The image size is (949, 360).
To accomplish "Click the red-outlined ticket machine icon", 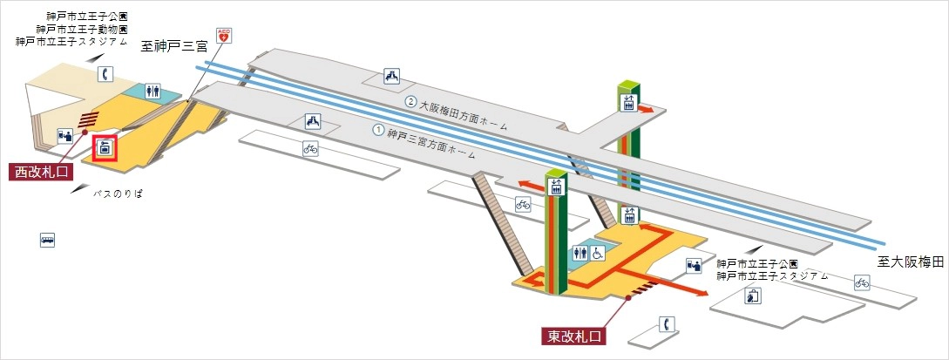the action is coord(105,148).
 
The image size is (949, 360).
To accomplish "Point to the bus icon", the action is coord(48,239).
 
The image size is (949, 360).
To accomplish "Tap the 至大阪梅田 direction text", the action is coord(911,262).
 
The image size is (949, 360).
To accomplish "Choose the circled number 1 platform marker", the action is coord(378,130).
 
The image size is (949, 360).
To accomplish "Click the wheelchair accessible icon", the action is coord(599,254).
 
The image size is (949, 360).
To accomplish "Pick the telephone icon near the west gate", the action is coord(106,74).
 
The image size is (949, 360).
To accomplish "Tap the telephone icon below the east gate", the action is coord(666,324).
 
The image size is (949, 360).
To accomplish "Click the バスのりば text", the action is coord(118,194).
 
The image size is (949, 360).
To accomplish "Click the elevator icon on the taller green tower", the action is coord(628,102).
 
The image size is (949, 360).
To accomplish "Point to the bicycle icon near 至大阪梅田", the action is coord(862,282).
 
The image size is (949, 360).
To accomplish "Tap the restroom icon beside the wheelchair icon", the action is coord(581,254).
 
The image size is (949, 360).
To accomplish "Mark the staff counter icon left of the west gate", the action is coord(64,136).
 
